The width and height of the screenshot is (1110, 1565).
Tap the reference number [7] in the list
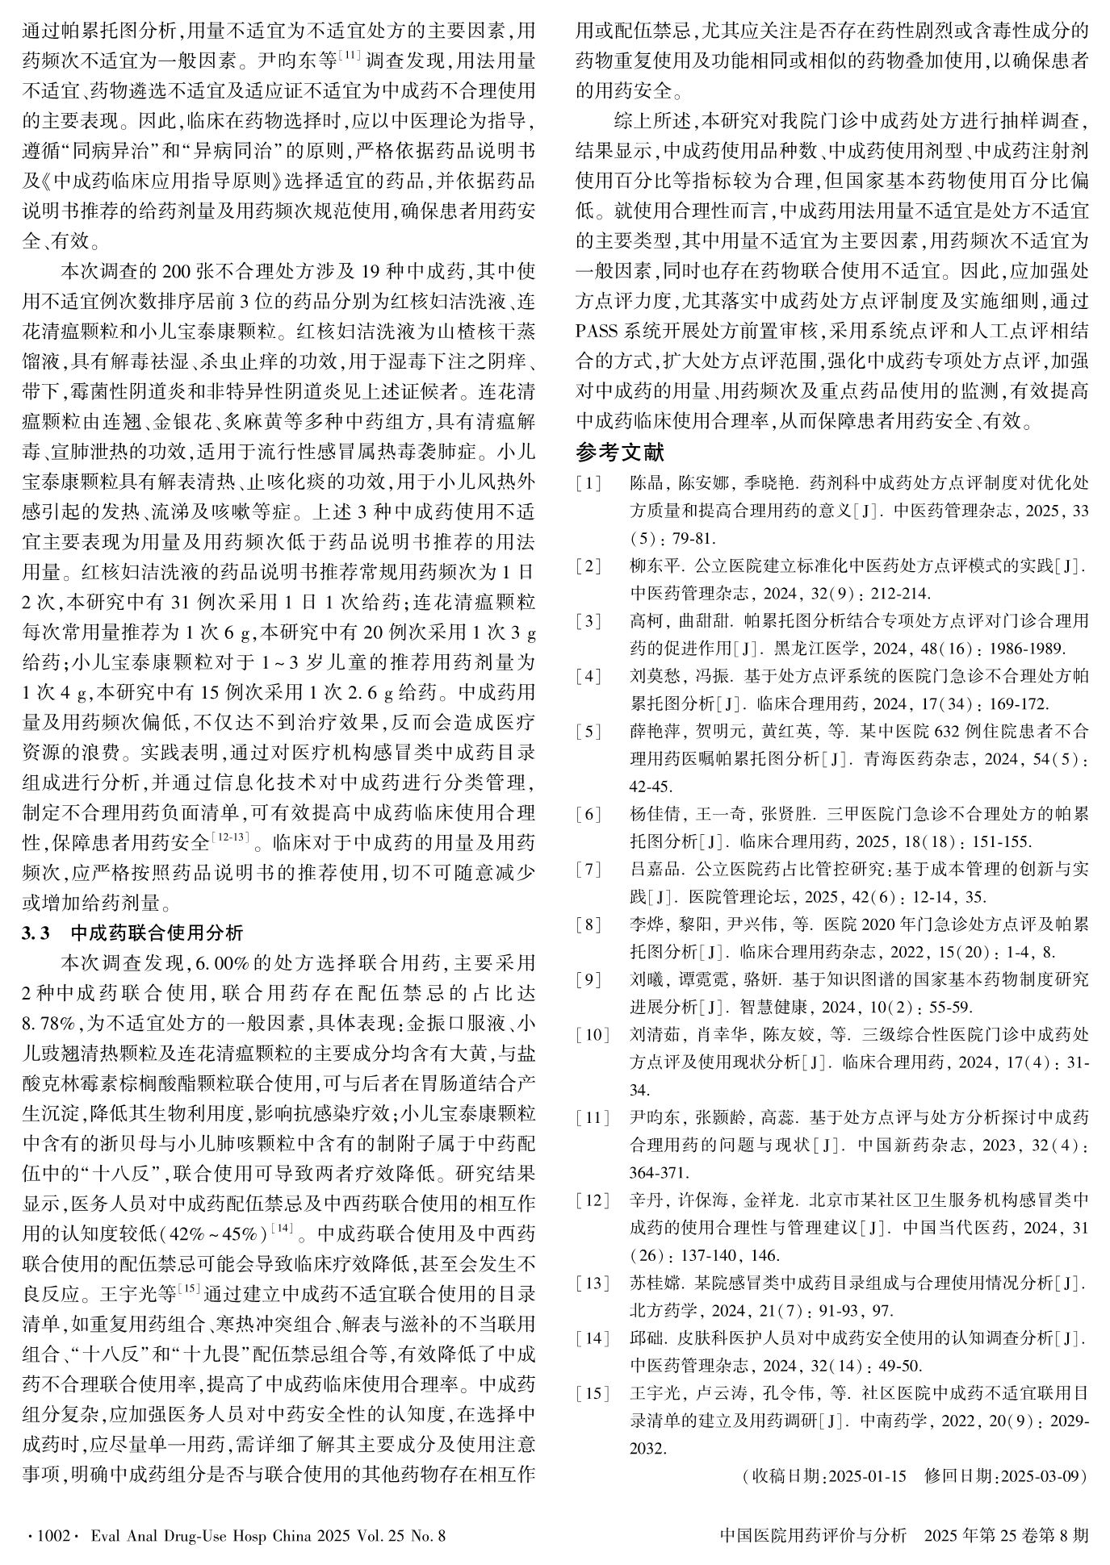click(589, 869)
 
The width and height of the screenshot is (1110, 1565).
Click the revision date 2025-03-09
click(1040, 1476)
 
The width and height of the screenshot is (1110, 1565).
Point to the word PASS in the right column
click(597, 332)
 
